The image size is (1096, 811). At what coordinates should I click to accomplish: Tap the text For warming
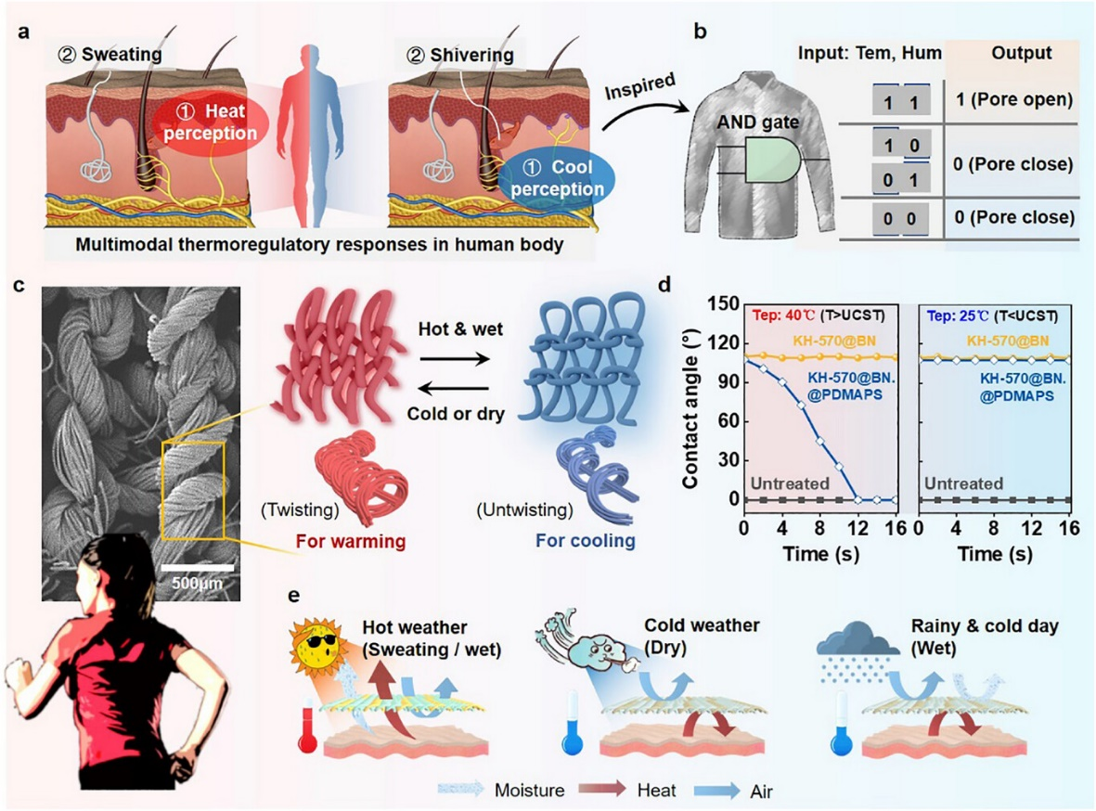point(350,541)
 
